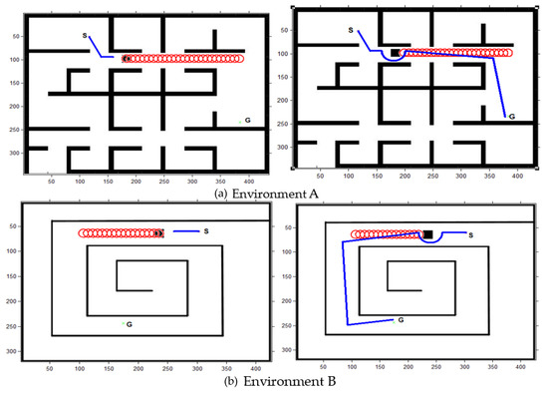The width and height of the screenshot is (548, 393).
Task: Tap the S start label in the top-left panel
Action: (x=86, y=36)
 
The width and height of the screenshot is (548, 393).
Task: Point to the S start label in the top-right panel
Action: (x=351, y=31)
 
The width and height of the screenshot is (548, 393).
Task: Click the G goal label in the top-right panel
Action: (x=511, y=118)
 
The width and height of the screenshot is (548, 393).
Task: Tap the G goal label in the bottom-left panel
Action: (x=130, y=325)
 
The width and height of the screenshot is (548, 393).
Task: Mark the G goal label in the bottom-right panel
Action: (x=400, y=320)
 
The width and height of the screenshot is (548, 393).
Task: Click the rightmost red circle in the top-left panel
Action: (x=239, y=59)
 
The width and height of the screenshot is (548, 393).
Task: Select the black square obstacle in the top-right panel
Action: (x=396, y=52)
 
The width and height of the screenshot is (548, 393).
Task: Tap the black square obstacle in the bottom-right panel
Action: (x=427, y=234)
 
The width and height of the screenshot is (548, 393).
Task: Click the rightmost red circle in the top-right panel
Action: (x=508, y=52)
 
